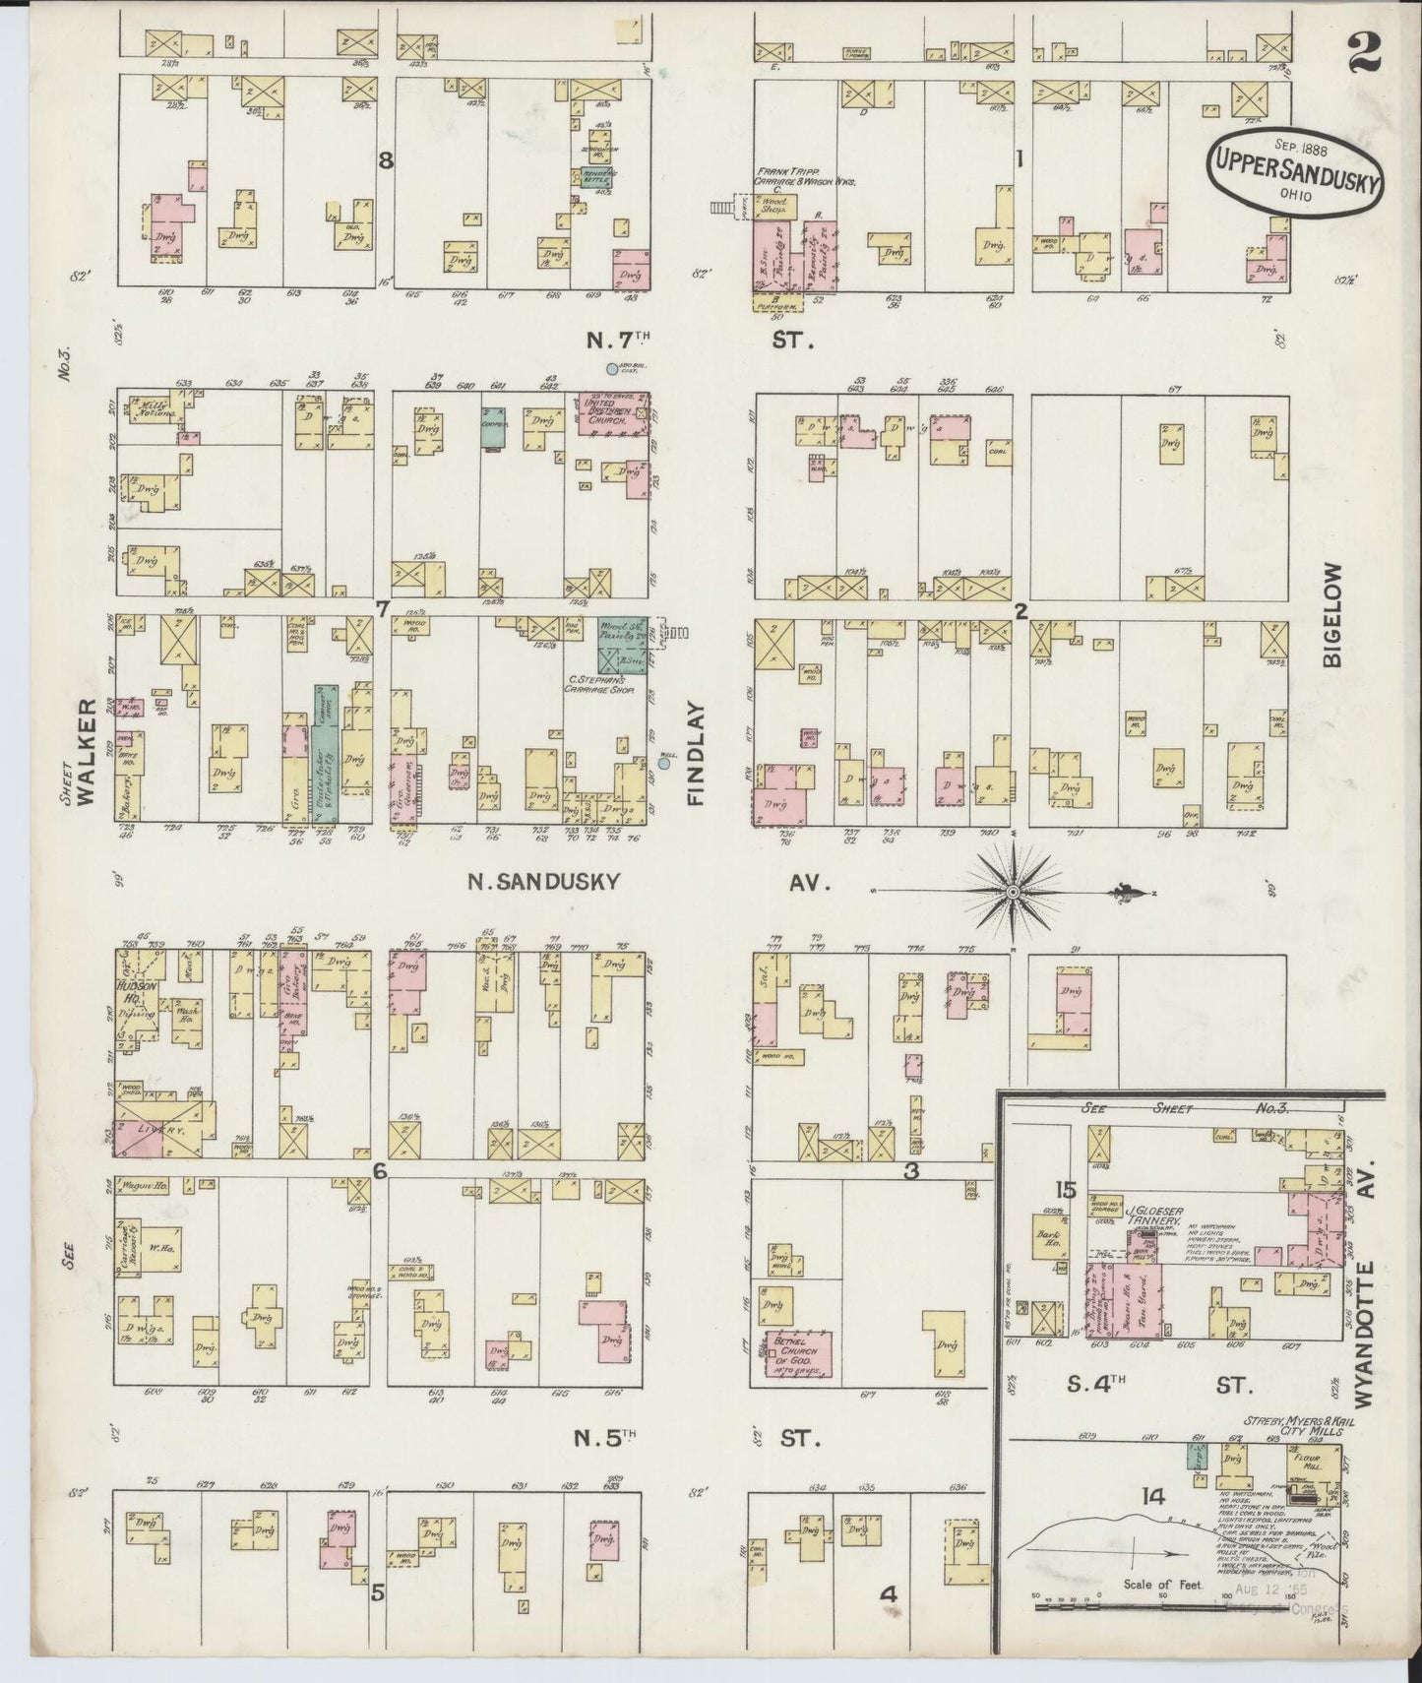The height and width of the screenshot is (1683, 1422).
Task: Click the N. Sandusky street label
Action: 543,882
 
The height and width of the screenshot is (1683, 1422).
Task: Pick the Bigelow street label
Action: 1332,615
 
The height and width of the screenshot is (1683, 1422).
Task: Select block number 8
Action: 386,161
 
